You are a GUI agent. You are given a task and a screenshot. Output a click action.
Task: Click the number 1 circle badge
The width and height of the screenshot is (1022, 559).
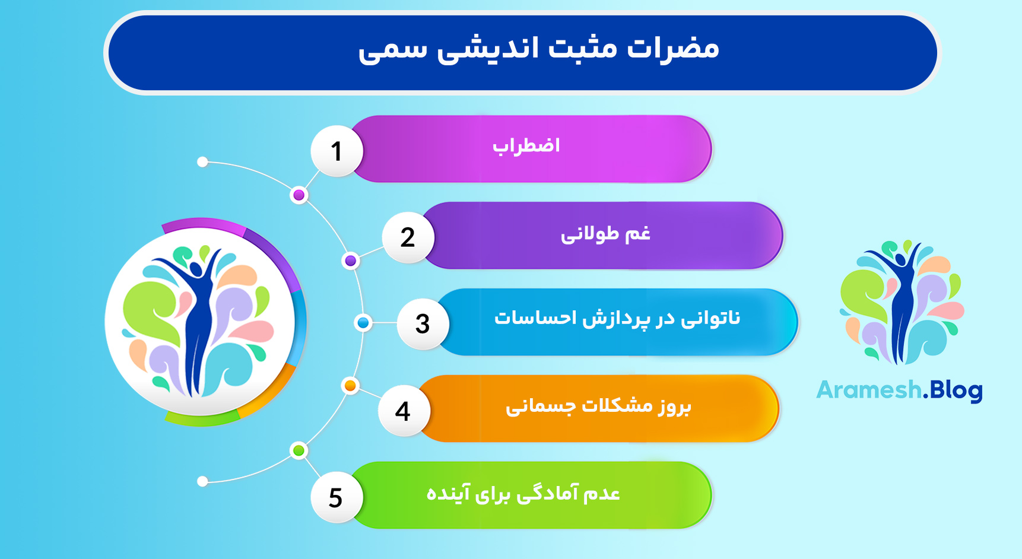coord(337,151)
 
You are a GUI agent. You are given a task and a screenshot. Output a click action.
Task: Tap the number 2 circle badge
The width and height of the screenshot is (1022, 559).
coord(408,237)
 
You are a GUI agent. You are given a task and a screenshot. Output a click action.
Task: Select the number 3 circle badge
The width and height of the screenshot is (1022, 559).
coord(423,324)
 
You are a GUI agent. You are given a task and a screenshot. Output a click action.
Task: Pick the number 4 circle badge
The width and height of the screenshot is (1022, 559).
coord(403,411)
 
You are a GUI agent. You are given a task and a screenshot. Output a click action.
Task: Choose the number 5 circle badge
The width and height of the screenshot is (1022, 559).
coord(336,497)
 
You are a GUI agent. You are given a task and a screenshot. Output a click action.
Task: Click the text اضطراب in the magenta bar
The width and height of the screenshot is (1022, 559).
coord(526,146)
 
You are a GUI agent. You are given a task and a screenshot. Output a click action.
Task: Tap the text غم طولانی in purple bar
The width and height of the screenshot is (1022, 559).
coord(605,233)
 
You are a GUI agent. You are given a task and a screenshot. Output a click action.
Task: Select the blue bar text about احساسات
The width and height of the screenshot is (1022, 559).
coord(617,319)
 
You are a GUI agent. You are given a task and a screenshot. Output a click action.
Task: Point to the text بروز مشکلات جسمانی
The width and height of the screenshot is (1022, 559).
coord(598,406)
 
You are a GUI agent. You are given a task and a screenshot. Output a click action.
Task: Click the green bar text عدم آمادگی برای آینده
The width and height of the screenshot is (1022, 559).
coord(523,493)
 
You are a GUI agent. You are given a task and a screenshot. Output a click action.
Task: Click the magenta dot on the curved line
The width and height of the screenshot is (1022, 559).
coord(299,195)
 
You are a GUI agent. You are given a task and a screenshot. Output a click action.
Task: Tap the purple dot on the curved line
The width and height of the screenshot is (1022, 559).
coord(351,261)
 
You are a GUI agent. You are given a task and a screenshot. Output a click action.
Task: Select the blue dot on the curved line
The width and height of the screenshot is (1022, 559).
coord(363,323)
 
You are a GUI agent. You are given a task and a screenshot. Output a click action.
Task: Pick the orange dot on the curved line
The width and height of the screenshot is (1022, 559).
coord(350,386)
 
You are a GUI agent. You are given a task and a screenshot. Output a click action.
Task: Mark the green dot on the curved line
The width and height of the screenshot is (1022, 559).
coord(299,450)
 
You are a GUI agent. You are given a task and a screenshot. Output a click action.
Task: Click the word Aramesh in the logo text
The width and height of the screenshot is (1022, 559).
coord(868,390)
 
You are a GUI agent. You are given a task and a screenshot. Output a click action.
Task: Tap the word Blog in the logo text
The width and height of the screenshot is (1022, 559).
coord(956,390)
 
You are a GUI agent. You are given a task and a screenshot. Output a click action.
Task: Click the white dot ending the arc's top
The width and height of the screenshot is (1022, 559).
coord(202,162)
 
